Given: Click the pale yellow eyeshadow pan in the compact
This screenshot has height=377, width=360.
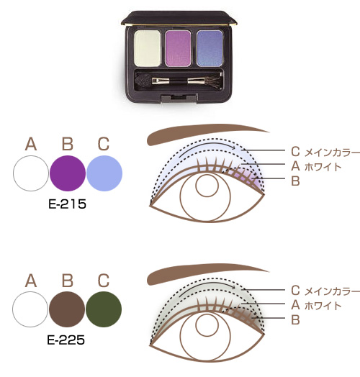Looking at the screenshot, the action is point(148,48).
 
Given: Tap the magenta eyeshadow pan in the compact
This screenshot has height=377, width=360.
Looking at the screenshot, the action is point(179,48).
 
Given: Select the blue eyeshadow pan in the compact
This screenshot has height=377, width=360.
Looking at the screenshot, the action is point(210,48).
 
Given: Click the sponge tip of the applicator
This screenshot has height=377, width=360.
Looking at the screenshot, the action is point(143,81).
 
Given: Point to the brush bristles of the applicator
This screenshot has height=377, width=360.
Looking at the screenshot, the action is point(212,81).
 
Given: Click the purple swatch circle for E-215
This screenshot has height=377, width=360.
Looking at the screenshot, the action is point(68,173).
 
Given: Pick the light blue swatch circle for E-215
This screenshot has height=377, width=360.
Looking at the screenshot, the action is point(104,173).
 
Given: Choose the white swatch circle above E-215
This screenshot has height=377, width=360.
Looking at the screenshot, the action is point(31,173).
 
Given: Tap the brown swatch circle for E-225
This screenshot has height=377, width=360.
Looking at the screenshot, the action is point(67,309).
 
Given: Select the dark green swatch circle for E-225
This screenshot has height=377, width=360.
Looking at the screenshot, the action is point(104,309).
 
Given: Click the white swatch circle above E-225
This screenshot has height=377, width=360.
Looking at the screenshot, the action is point(30,309).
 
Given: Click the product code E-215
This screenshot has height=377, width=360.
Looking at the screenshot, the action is point(67,204).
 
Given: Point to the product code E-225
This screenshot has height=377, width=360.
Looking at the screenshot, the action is point(66,340).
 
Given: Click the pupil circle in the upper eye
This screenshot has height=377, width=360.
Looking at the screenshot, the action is point(207,186).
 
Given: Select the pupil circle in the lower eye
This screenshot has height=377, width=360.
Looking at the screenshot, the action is point(207,325).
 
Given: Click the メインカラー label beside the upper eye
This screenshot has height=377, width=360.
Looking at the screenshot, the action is point(332,153).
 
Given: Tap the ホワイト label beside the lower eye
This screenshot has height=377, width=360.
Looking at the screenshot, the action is point(323,306).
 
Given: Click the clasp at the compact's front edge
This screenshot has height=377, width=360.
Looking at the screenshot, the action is point(179,97).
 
